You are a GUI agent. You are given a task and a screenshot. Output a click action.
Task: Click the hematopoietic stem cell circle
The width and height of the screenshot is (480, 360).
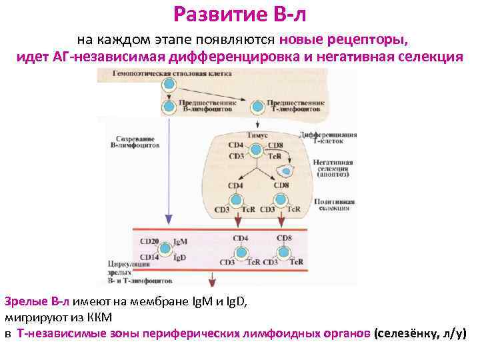169,85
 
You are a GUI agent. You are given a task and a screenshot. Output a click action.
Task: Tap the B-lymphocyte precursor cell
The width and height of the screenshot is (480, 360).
169,106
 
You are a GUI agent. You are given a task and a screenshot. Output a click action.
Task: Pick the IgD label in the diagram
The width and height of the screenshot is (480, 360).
179,257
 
